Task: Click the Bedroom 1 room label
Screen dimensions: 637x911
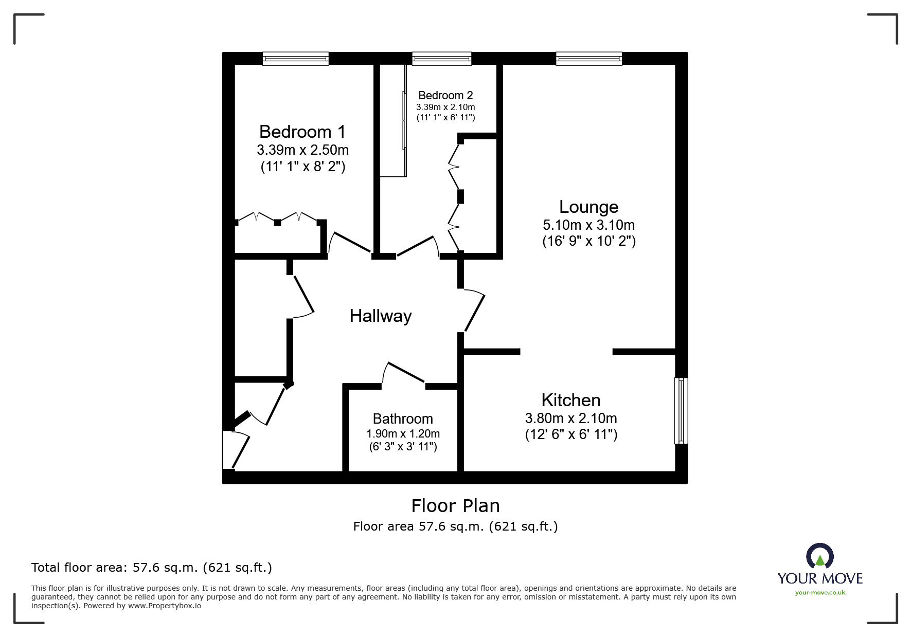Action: [x=302, y=132]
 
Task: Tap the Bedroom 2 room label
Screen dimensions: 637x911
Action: [x=445, y=96]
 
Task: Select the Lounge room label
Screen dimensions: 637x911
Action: [x=588, y=207]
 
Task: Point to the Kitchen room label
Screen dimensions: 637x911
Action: [x=570, y=401]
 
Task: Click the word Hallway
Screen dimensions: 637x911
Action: [x=381, y=316]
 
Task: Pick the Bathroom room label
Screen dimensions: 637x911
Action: [x=403, y=419]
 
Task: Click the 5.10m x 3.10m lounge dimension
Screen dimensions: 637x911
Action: [x=588, y=225]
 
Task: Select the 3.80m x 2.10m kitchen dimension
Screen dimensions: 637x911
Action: [x=570, y=418]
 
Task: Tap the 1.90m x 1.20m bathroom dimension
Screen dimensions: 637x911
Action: [x=403, y=434]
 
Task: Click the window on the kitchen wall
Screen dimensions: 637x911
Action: [x=681, y=411]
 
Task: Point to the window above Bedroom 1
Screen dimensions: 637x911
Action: [x=295, y=59]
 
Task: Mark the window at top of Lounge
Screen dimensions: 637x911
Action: [x=588, y=59]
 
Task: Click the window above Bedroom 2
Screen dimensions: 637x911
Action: [x=441, y=59]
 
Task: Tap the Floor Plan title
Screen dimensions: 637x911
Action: [x=455, y=506]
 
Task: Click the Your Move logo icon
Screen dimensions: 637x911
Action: [x=819, y=557]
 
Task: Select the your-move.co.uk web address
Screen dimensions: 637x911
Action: [x=820, y=593]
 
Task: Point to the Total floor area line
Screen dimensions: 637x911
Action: [x=152, y=568]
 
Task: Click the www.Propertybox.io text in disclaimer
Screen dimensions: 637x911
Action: [x=165, y=606]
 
